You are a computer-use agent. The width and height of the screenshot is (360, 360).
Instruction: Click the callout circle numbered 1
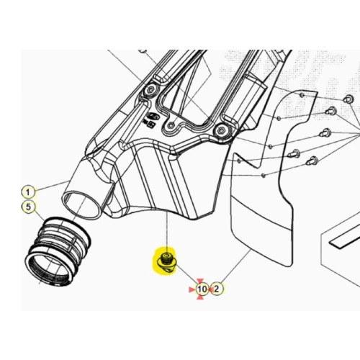28,192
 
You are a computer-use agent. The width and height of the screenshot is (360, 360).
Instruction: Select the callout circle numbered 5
28,207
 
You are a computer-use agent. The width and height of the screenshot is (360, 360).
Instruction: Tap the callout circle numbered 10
202,289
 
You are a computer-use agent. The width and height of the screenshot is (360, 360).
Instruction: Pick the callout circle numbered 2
217,289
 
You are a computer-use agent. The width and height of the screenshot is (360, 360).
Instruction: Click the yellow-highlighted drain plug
166,262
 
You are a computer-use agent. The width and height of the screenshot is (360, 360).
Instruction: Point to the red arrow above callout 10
200,281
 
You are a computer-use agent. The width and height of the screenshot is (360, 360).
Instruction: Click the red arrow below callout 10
200,297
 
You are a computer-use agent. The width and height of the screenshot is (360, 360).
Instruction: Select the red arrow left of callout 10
192,289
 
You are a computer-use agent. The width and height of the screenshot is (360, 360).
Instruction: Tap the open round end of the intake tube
81,204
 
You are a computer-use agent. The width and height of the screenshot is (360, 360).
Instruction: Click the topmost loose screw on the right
348,99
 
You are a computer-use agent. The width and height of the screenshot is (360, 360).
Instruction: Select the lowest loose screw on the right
312,161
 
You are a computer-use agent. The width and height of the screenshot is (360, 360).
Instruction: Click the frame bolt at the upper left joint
150,90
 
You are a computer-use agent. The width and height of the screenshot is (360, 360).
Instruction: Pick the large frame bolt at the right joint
221,131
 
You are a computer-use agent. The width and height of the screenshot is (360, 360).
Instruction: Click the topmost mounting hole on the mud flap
302,95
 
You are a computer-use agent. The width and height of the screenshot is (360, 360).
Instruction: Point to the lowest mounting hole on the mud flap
264,176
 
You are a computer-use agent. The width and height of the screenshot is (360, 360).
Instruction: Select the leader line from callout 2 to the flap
235,266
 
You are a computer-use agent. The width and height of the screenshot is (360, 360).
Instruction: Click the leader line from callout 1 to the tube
53,185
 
